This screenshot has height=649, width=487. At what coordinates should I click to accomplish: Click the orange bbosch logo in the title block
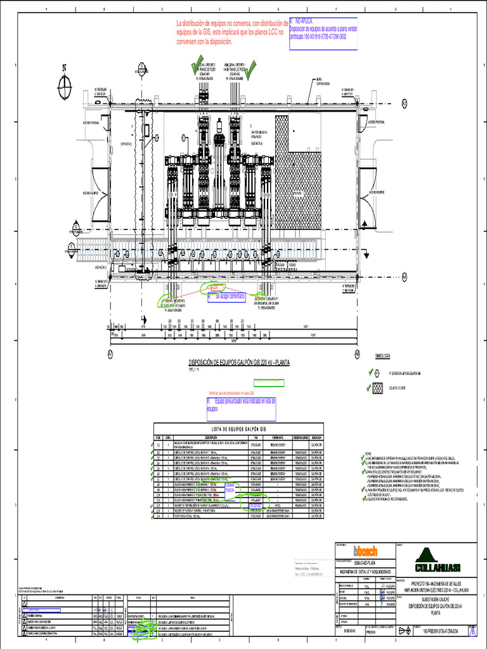365,551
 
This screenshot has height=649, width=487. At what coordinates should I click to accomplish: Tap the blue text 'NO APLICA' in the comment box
302,21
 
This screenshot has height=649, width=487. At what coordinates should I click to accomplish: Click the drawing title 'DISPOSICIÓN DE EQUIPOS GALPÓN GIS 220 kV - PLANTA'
239,363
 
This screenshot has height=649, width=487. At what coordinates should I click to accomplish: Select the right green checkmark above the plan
252,67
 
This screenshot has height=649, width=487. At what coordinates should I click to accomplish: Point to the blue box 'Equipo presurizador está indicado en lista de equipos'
242,406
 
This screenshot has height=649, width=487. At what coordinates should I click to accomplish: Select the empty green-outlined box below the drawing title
269,383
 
